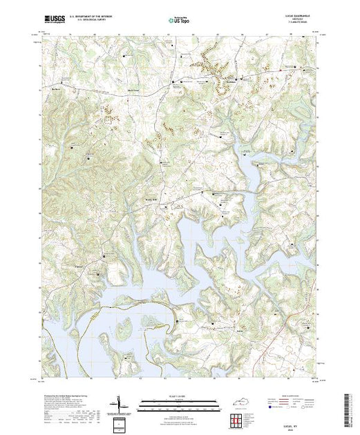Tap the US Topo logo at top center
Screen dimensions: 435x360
point(178,20)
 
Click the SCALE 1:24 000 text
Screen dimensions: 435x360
point(178,396)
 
